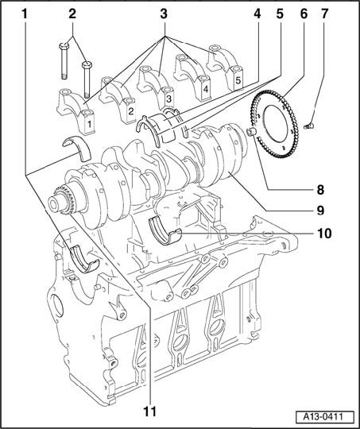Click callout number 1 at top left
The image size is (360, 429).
[25, 14]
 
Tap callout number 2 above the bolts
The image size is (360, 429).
[72, 14]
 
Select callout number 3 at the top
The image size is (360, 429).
[164, 14]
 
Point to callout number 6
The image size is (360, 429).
[304, 14]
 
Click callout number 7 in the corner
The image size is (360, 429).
[324, 14]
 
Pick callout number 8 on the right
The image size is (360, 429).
[320, 190]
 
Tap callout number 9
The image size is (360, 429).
[320, 211]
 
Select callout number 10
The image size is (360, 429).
[324, 234]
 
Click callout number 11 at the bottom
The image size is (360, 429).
[150, 411]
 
